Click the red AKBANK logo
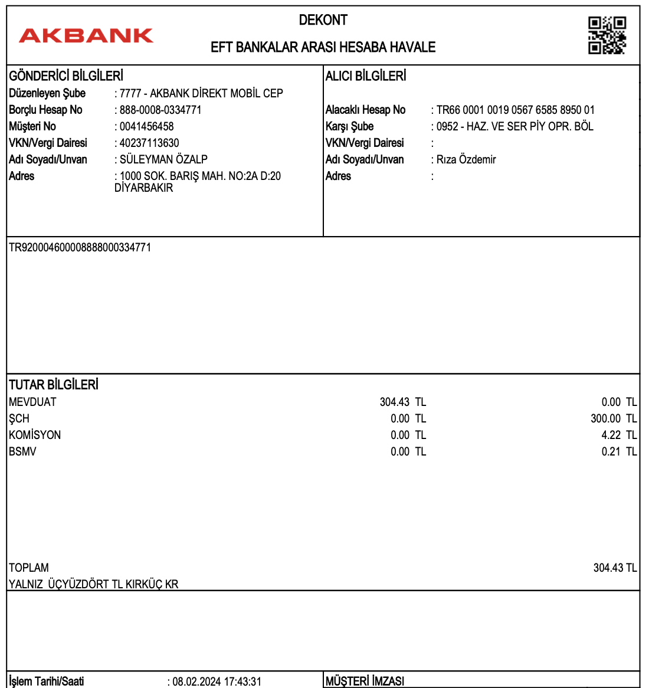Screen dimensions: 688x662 [x=86, y=35]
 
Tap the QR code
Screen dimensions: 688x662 [x=607, y=35]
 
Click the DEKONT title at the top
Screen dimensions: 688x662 [x=323, y=20]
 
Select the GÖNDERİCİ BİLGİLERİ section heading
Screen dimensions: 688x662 [x=66, y=76]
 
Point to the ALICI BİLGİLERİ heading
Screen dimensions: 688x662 [x=366, y=76]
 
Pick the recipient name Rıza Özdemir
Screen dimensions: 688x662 [x=466, y=159]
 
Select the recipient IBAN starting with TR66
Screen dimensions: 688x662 [x=515, y=110]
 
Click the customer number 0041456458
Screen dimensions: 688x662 [x=146, y=126]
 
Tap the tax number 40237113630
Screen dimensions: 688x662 [x=149, y=143]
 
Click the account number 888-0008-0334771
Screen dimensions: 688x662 [x=160, y=110]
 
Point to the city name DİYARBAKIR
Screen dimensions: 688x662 [x=144, y=188]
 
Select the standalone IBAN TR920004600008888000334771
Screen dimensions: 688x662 [x=80, y=248]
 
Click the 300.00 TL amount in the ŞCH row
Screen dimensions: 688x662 [x=614, y=418]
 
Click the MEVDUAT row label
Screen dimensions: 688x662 [x=33, y=402]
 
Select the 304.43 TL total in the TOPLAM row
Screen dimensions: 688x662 [x=615, y=568]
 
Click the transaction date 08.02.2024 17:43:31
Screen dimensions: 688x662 [x=217, y=682]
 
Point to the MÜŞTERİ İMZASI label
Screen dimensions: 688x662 [x=365, y=681]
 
